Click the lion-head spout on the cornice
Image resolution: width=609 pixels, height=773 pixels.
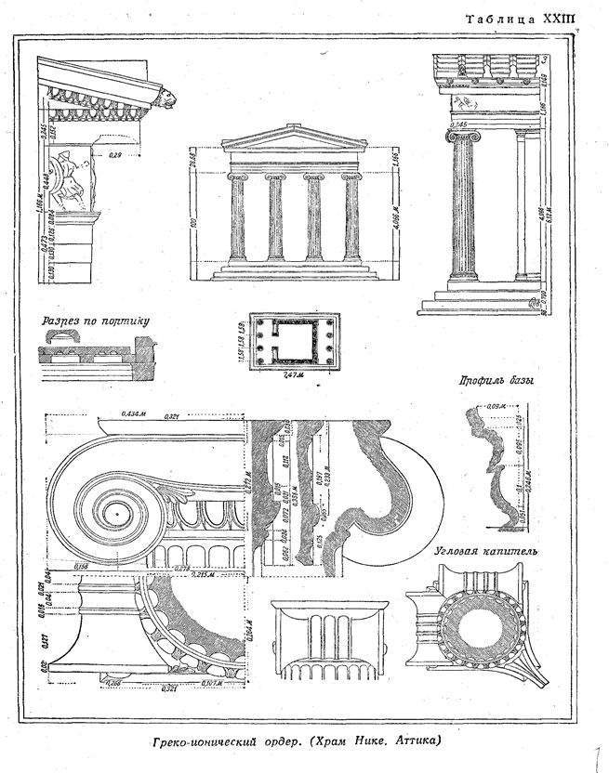tap(166, 96)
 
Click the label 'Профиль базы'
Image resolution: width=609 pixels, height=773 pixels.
tap(488, 380)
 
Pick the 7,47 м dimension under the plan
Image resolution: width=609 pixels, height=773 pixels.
tap(292, 375)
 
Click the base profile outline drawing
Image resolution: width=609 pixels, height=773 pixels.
tap(490, 469)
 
